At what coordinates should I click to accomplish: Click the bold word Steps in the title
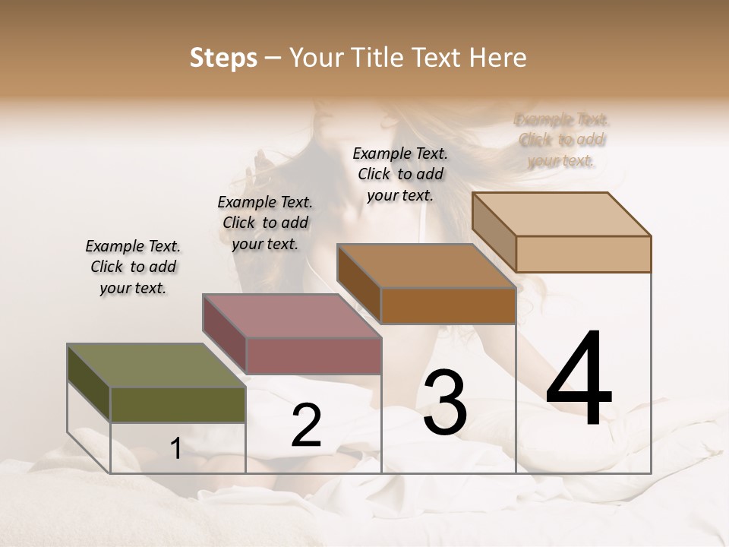click(x=223, y=58)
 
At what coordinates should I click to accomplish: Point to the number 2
click(x=306, y=425)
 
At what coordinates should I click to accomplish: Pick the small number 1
click(x=175, y=449)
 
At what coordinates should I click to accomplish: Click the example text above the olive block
click(x=133, y=267)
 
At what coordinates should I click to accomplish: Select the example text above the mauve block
click(x=265, y=223)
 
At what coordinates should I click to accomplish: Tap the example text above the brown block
click(x=400, y=174)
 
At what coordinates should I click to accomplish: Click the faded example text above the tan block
click(x=562, y=140)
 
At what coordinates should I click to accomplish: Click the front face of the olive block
click(x=178, y=404)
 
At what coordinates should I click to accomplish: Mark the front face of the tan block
click(x=583, y=254)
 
